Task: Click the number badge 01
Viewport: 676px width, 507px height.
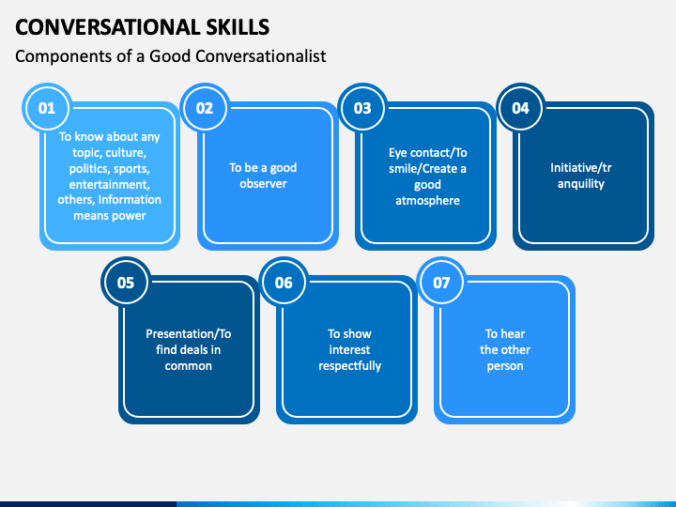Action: [47, 108]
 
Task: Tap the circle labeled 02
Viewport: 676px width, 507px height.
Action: [205, 108]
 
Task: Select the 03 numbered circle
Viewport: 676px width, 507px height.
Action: [362, 108]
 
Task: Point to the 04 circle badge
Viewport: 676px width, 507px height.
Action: [520, 108]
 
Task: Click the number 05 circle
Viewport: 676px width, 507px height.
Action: [126, 283]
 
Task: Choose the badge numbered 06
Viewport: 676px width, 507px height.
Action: [284, 283]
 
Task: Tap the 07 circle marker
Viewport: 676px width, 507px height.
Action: [441, 283]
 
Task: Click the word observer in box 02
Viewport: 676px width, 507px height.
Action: [263, 184]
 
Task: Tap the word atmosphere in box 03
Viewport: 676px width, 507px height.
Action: [428, 201]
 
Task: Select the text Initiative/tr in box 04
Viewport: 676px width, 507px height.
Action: [581, 168]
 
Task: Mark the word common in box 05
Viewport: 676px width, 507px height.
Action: [189, 366]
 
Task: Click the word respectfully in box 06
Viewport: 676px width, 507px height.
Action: [349, 366]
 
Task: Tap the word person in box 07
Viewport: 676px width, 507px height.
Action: [505, 366]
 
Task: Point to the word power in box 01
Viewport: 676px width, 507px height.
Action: [128, 216]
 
